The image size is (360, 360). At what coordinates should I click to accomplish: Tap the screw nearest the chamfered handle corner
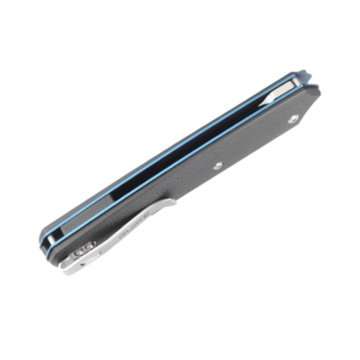click(x=294, y=119)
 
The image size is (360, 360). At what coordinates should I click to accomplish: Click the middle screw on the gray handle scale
click(x=217, y=166)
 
